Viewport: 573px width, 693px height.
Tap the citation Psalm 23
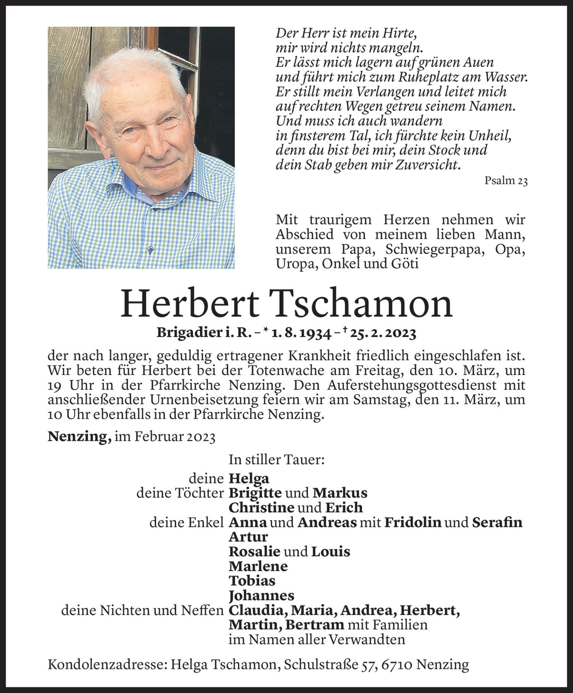tap(506, 181)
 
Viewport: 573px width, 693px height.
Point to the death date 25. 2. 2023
tap(383, 333)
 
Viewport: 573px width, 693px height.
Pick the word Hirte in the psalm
tap(397, 34)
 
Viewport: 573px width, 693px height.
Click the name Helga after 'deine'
tap(249, 478)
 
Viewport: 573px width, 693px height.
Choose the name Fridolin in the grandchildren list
tap(413, 522)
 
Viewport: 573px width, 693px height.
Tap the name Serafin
tap(497, 522)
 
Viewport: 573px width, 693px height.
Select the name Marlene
tap(258, 566)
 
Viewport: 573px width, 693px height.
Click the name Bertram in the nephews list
tap(315, 625)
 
